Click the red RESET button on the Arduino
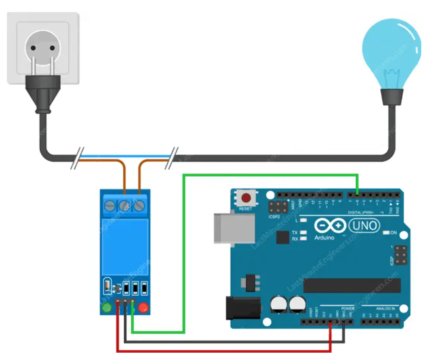[x=246, y=199]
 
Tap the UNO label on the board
[x=364, y=225]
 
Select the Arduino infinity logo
[x=330, y=226]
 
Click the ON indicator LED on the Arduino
[x=386, y=233]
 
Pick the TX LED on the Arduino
[x=304, y=232]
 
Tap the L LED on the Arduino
[x=304, y=221]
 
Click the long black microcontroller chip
[x=352, y=285]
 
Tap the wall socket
[x=43, y=47]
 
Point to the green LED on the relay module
[x=107, y=308]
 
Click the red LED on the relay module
[x=144, y=308]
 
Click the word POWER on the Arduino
[x=348, y=309]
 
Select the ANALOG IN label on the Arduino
[x=385, y=309]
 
